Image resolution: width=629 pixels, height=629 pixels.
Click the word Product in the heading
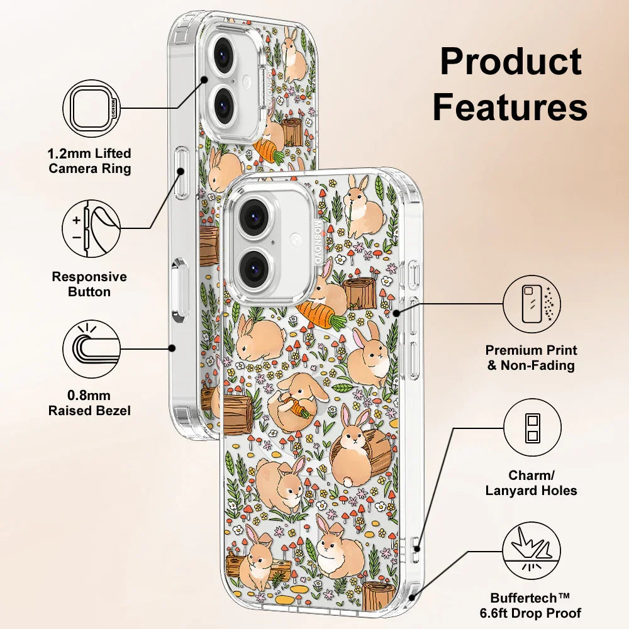coord(510,62)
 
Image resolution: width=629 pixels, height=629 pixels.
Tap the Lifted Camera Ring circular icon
coord(92,108)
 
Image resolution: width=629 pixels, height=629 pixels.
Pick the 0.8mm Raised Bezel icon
coord(92,348)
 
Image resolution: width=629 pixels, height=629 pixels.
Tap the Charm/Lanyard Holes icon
coord(532,428)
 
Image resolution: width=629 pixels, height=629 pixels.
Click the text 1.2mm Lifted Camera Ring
coord(90,161)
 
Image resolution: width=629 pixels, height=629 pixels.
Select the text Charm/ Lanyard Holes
coord(531,483)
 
